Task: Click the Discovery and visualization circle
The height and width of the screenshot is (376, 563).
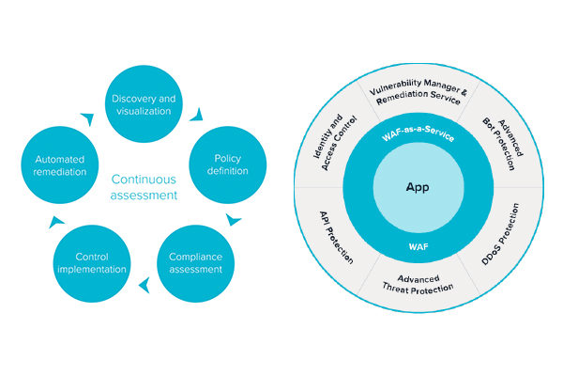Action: click(144, 104)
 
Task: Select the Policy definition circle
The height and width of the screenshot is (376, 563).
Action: click(228, 164)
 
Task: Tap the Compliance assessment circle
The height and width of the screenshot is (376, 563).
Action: click(196, 263)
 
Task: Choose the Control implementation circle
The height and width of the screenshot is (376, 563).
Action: click(92, 263)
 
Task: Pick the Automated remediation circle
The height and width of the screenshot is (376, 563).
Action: click(60, 164)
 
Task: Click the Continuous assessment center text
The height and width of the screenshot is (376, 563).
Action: click(144, 187)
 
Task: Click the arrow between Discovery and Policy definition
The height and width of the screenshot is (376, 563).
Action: click(197, 115)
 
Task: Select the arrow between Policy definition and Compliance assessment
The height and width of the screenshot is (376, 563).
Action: click(233, 219)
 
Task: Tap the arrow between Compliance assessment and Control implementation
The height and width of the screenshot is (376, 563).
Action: click(145, 286)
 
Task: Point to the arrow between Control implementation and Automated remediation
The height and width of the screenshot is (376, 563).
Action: click(55, 222)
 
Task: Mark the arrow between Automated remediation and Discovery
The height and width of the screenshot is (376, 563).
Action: click(88, 118)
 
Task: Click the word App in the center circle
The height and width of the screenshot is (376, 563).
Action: click(418, 187)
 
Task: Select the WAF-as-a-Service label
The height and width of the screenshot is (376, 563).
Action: click(418, 133)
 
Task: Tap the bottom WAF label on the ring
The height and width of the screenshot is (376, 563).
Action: click(418, 247)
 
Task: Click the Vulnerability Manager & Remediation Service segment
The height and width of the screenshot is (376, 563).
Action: click(418, 92)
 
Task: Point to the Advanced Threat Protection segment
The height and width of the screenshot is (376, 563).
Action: click(418, 284)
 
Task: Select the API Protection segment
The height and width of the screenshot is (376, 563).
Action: click(336, 238)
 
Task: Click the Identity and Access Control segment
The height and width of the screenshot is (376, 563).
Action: click(335, 143)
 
